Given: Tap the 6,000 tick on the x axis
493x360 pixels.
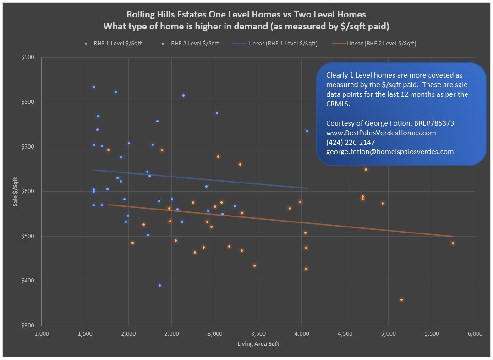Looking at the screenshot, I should (475, 333).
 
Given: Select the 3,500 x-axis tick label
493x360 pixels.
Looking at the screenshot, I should (258, 333).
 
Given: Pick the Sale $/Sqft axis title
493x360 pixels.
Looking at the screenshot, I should (15, 191).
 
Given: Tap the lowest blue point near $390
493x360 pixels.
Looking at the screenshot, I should (159, 285).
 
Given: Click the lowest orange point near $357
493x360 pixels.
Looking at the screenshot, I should (401, 300).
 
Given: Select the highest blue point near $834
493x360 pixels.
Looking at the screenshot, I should (93, 87).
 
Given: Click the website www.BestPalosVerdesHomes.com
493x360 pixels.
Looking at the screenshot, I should (381, 133).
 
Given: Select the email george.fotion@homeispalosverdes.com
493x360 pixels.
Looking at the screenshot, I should (389, 151).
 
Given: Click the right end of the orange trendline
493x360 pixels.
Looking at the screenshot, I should (453, 236).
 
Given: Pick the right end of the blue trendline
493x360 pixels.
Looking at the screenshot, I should (307, 188).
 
